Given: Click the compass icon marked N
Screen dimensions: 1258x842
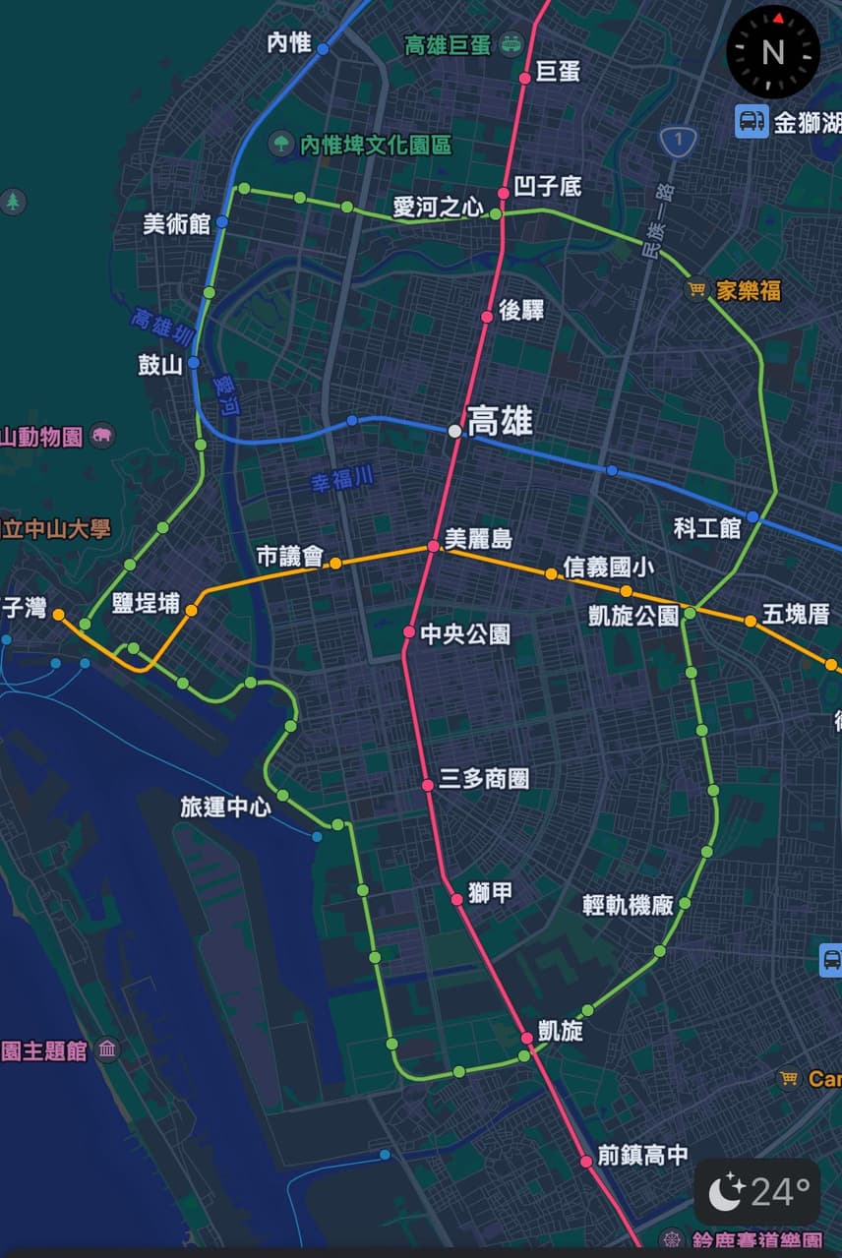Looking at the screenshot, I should (x=773, y=51).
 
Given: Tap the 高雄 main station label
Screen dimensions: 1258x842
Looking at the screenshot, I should (x=500, y=421).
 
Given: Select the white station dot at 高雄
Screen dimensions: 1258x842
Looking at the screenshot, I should (x=454, y=431).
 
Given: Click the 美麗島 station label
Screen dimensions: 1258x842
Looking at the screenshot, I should (x=478, y=539).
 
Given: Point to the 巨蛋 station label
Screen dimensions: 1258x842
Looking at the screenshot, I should (x=558, y=72).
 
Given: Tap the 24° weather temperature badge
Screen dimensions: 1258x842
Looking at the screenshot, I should (x=757, y=1192).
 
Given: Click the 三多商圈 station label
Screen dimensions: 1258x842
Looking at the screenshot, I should (x=484, y=779).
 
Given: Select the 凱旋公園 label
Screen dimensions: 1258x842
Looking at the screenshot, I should (x=633, y=616).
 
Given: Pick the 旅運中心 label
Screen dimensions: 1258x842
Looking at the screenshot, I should (x=225, y=808).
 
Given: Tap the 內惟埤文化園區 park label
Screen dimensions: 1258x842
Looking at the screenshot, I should (x=375, y=146).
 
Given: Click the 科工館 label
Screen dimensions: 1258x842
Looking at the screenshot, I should (x=706, y=527).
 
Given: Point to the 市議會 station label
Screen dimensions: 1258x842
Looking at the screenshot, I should (x=290, y=557).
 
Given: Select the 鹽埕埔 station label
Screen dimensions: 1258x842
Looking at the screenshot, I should (x=146, y=603).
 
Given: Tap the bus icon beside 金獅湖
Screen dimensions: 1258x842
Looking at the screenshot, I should (x=752, y=122).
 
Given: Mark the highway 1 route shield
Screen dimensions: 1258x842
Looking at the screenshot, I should (x=676, y=141).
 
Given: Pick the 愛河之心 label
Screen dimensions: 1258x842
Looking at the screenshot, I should (x=439, y=207).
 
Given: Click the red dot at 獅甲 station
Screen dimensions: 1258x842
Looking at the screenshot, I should (x=456, y=899).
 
